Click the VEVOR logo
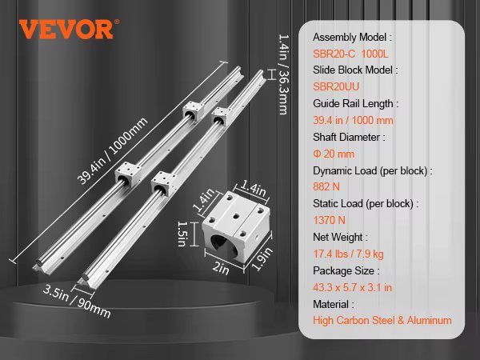pyautogui.click(x=66, y=30)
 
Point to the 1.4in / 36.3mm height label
pyautogui.click(x=282, y=74)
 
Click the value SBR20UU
pyautogui.click(x=338, y=86)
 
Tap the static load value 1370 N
pyautogui.click(x=331, y=220)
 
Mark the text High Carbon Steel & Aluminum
pyautogui.click(x=382, y=320)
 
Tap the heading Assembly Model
pyautogui.click(x=353, y=38)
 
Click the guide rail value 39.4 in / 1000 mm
pyautogui.click(x=353, y=120)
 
